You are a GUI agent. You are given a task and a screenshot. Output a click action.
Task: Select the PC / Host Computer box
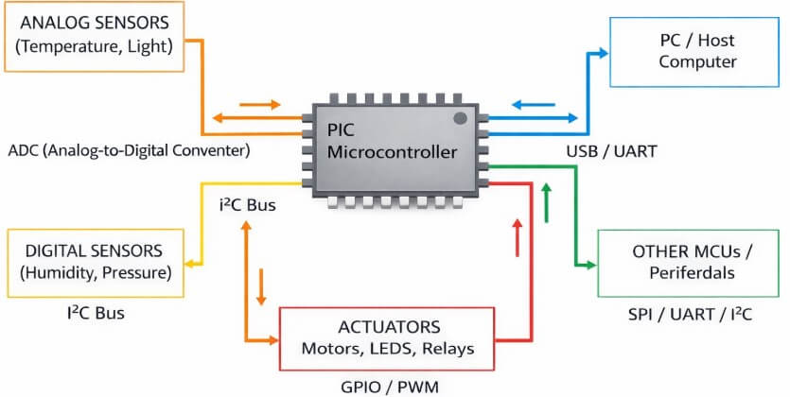pos(684,51)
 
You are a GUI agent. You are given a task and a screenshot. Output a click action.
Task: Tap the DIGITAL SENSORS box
pos(95,262)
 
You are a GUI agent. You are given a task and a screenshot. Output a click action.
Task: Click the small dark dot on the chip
pos(461,118)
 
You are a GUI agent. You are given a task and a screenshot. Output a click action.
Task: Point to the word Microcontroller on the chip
pos(390,151)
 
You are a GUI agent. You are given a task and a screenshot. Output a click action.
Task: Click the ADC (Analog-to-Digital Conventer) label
pos(128,149)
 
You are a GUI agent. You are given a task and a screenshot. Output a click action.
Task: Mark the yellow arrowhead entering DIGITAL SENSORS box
pos(193,262)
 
